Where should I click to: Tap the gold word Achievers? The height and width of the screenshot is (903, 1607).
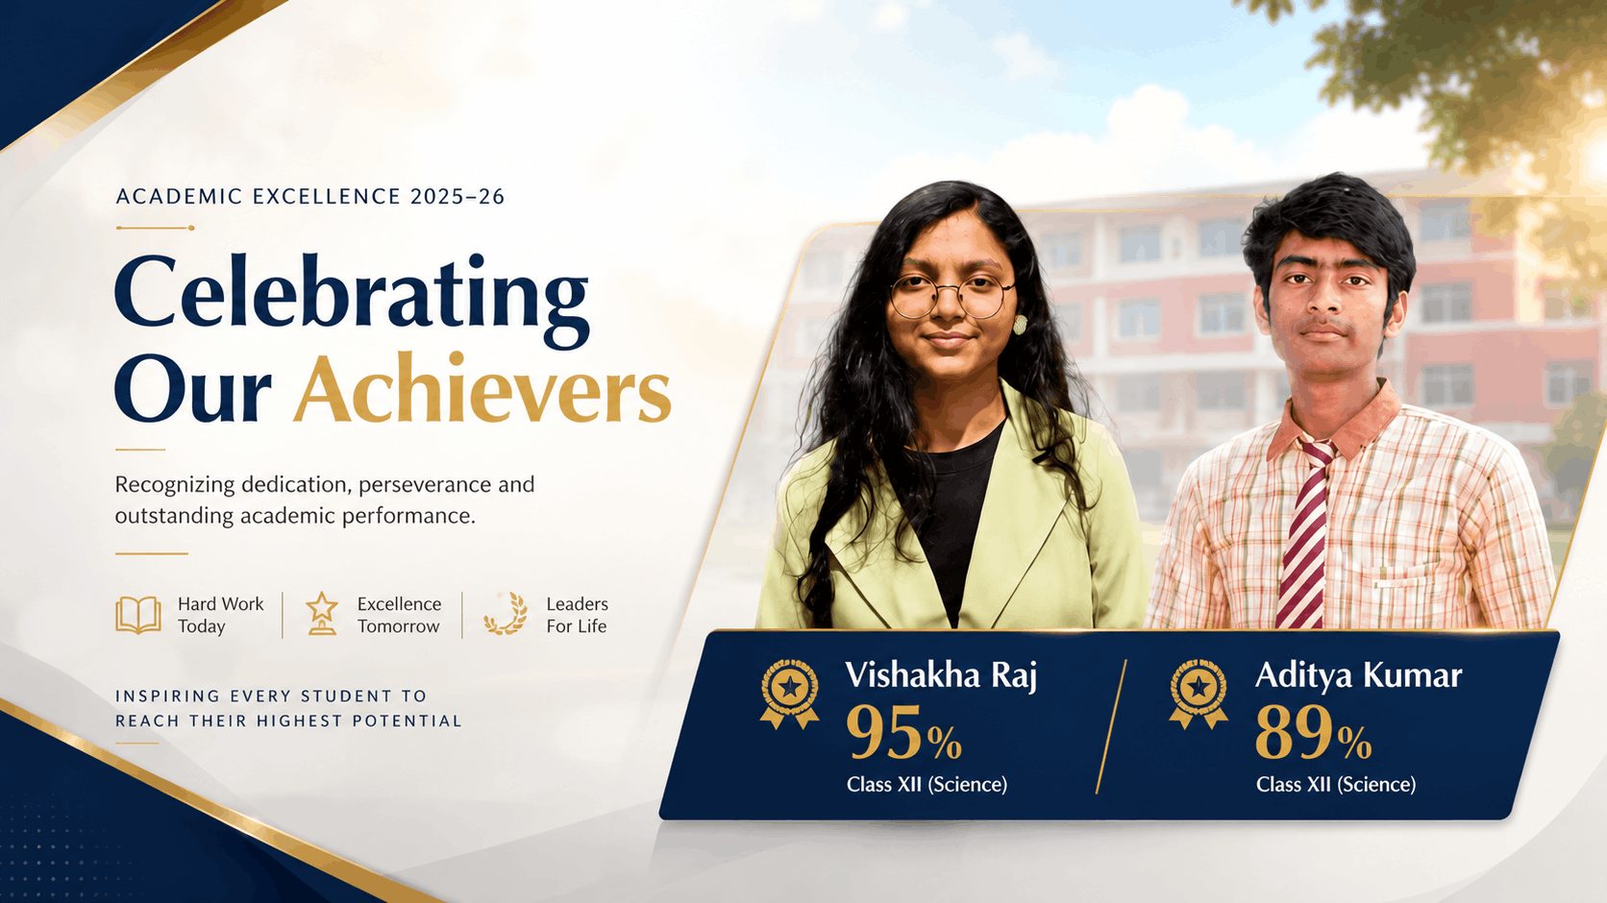[x=482, y=389]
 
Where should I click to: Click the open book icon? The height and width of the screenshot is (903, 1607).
[x=138, y=615]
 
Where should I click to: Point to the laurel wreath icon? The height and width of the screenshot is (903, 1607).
[x=506, y=614]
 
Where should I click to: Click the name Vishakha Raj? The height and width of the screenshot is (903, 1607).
[x=941, y=675]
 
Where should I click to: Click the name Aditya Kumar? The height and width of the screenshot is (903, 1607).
[x=1359, y=675]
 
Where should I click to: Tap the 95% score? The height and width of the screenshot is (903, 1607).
[x=903, y=732]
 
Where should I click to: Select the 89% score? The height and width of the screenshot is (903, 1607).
[x=1314, y=732]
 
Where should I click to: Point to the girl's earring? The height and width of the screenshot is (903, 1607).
[x=1020, y=324]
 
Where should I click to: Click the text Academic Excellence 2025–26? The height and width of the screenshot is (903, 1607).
[x=309, y=197]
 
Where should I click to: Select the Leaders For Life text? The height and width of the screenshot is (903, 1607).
[x=577, y=615]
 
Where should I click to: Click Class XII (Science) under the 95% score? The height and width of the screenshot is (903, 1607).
[x=927, y=785]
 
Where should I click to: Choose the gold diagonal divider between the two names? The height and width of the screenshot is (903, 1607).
[x=1111, y=726]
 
